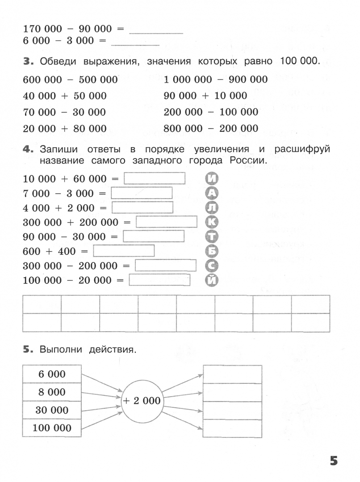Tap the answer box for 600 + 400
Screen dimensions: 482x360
pyautogui.click(x=123, y=251)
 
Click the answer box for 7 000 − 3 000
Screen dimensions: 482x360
pyautogui.click(x=142, y=193)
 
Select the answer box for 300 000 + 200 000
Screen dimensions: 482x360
pyautogui.click(x=167, y=222)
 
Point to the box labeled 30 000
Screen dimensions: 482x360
pyautogui.click(x=52, y=410)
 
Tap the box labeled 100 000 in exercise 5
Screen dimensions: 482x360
pyautogui.click(x=52, y=428)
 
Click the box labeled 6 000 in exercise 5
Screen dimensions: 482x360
pyautogui.click(x=52, y=374)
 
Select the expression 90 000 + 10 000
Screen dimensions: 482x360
pyautogui.click(x=205, y=96)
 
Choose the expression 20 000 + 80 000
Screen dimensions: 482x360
pyautogui.click(x=64, y=129)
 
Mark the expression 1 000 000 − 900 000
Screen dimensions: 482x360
pyautogui.click(x=216, y=79)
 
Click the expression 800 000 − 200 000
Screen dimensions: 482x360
pyautogui.click(x=211, y=129)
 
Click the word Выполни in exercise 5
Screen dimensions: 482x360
pyautogui.click(x=60, y=350)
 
